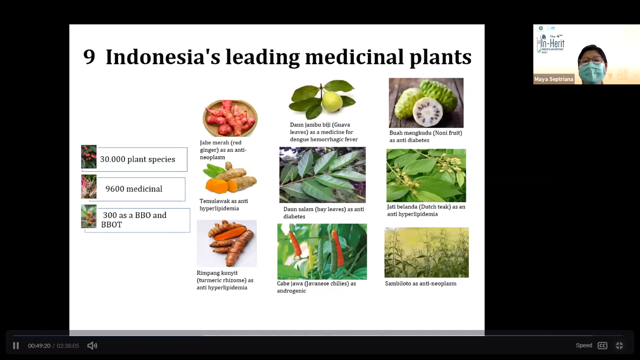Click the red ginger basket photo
[x=230, y=118]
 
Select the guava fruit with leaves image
[x=322, y=99]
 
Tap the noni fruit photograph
[x=426, y=103]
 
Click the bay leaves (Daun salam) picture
[x=322, y=175]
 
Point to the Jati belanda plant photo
[x=426, y=176]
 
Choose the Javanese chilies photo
[x=322, y=252]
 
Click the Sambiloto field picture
[x=426, y=253]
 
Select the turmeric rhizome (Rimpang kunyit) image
[x=227, y=243]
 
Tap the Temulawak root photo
[x=230, y=178]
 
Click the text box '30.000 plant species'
[x=141, y=159]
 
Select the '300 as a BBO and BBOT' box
[x=143, y=220]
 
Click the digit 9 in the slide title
[x=89, y=57]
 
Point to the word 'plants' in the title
[x=440, y=58]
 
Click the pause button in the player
[x=16, y=345]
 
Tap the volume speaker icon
[x=92, y=345]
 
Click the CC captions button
[x=603, y=345]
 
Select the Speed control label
[x=584, y=345]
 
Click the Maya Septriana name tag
[x=554, y=79]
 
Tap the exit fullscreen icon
[x=619, y=345]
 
